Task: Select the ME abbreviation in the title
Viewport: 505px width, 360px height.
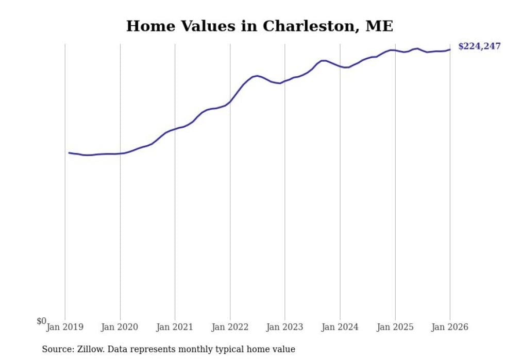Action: [379, 26]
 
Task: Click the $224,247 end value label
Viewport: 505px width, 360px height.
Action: [479, 46]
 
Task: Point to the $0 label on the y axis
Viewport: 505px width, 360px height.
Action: [41, 321]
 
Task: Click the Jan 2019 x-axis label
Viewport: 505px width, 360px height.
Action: [65, 327]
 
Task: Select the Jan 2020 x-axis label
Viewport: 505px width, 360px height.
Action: [120, 327]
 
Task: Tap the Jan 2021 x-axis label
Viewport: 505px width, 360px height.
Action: [175, 327]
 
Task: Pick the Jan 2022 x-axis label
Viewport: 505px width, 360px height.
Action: [230, 327]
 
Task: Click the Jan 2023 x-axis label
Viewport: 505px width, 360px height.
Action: [285, 327]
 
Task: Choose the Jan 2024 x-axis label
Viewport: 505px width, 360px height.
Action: [340, 327]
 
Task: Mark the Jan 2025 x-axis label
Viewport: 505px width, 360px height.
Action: [395, 327]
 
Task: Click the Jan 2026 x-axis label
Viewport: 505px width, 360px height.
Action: [450, 327]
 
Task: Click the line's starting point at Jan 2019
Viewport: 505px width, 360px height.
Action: [69, 152]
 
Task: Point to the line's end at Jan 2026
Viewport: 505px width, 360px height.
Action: [450, 49]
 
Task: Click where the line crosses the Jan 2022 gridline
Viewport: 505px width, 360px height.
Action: [230, 102]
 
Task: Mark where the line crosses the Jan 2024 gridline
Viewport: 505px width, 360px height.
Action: [340, 66]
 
